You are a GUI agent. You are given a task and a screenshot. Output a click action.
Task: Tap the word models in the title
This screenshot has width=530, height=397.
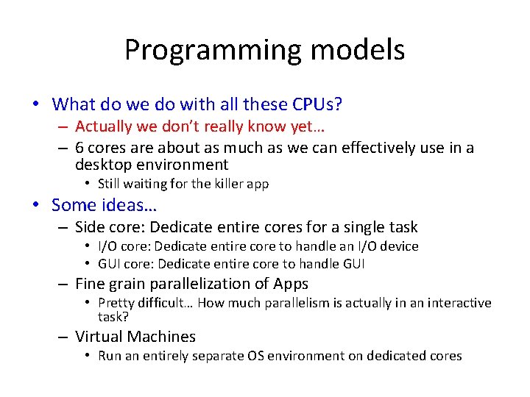(x=357, y=51)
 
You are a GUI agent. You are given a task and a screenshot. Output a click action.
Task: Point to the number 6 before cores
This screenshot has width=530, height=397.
(x=79, y=148)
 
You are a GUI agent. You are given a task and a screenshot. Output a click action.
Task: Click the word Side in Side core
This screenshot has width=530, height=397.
(x=90, y=227)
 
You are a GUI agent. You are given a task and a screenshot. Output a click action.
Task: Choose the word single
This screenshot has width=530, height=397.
(x=357, y=227)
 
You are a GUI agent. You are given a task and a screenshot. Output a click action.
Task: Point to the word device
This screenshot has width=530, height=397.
(x=397, y=246)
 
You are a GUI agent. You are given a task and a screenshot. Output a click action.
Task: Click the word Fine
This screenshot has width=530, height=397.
(x=91, y=284)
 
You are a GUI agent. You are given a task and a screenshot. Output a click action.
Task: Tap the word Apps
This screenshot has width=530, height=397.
(x=290, y=284)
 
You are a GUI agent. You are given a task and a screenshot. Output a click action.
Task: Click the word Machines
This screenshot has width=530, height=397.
(x=162, y=337)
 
